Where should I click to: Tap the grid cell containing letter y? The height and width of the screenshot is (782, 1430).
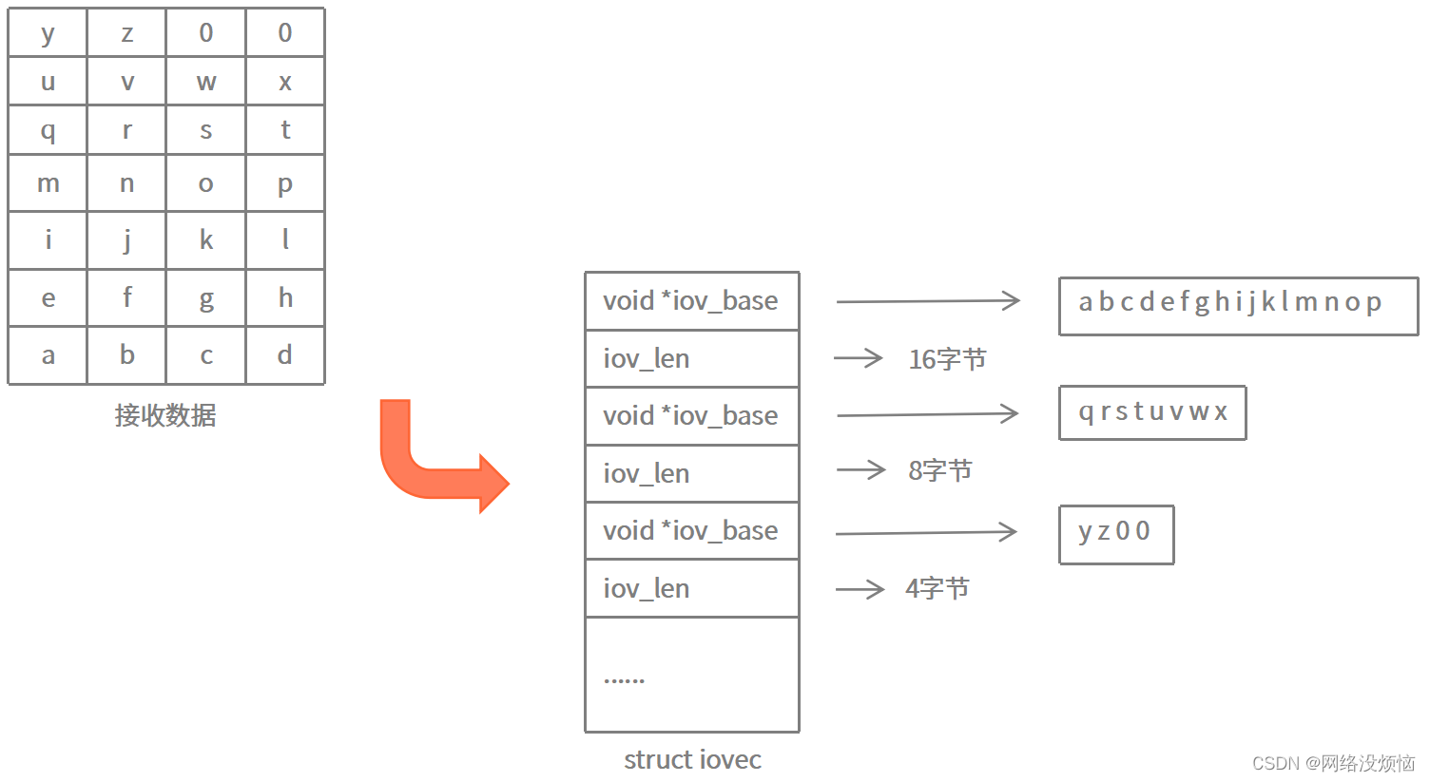coord(48,33)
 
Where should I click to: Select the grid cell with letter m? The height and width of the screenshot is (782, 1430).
coord(48,183)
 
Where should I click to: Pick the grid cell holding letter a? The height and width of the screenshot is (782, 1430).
coord(48,355)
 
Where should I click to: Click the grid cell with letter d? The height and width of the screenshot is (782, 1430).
coord(284,355)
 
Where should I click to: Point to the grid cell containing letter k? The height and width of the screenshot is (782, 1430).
coord(205,239)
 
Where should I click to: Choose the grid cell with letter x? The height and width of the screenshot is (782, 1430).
coord(284,82)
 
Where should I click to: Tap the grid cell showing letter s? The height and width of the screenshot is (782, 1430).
coord(205,130)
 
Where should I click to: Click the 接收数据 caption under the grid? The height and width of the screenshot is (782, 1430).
coord(165,415)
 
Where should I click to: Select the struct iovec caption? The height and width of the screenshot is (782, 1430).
coord(692,760)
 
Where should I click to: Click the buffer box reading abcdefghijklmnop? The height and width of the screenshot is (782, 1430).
coord(1238,306)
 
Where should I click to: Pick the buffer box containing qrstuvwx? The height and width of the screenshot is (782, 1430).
coord(1152,412)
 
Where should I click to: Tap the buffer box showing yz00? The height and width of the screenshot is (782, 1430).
coord(1116,534)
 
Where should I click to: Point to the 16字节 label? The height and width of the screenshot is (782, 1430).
coord(947,359)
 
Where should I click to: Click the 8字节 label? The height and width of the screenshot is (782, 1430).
coord(939,470)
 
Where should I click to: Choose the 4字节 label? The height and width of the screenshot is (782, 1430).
coord(937,589)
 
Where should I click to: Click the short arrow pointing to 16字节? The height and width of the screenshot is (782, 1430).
coord(858,358)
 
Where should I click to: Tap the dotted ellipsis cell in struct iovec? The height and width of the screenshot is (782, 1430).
coord(691,675)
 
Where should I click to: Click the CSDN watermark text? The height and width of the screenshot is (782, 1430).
coord(1333,763)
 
